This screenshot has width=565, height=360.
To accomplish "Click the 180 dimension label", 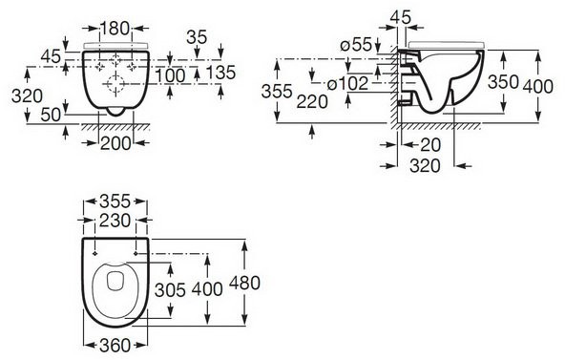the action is pyautogui.click(x=115, y=29).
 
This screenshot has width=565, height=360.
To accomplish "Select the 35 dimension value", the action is pyautogui.click(x=198, y=37).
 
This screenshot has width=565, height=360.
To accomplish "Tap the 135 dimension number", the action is pyautogui.click(x=220, y=73).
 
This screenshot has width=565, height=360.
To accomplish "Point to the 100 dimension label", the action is pyautogui.click(x=171, y=75).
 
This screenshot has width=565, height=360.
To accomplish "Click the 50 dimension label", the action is pyautogui.click(x=51, y=115).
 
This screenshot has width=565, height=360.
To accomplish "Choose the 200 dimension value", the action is pyautogui.click(x=115, y=143).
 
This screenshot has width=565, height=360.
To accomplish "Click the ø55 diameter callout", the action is pyautogui.click(x=356, y=45).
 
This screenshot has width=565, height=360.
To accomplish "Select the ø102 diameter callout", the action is pyautogui.click(x=347, y=84).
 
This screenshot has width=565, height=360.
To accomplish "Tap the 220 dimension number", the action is pyautogui.click(x=312, y=101).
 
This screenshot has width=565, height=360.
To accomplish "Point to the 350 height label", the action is pyautogui.click(x=503, y=82).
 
